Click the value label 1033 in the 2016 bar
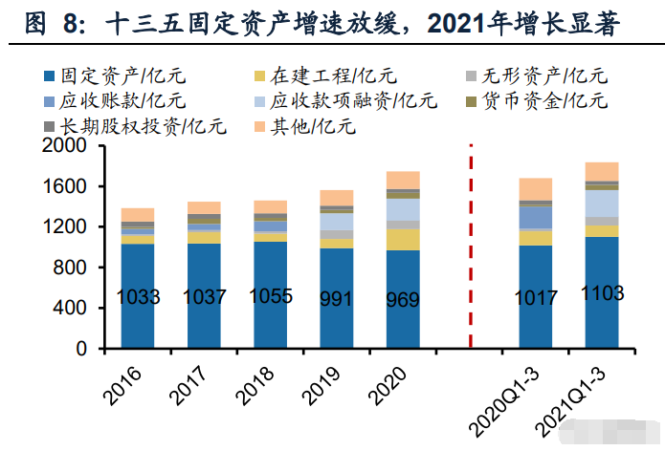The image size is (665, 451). (x=138, y=297)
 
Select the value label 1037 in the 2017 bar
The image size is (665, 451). (x=205, y=297)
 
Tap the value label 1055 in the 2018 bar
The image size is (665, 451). (x=270, y=296)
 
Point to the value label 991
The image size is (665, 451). (x=336, y=298)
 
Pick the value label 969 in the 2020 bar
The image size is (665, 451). (x=403, y=298)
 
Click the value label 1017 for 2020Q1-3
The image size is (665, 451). (x=535, y=297)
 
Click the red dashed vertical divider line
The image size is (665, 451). (x=470, y=248)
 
